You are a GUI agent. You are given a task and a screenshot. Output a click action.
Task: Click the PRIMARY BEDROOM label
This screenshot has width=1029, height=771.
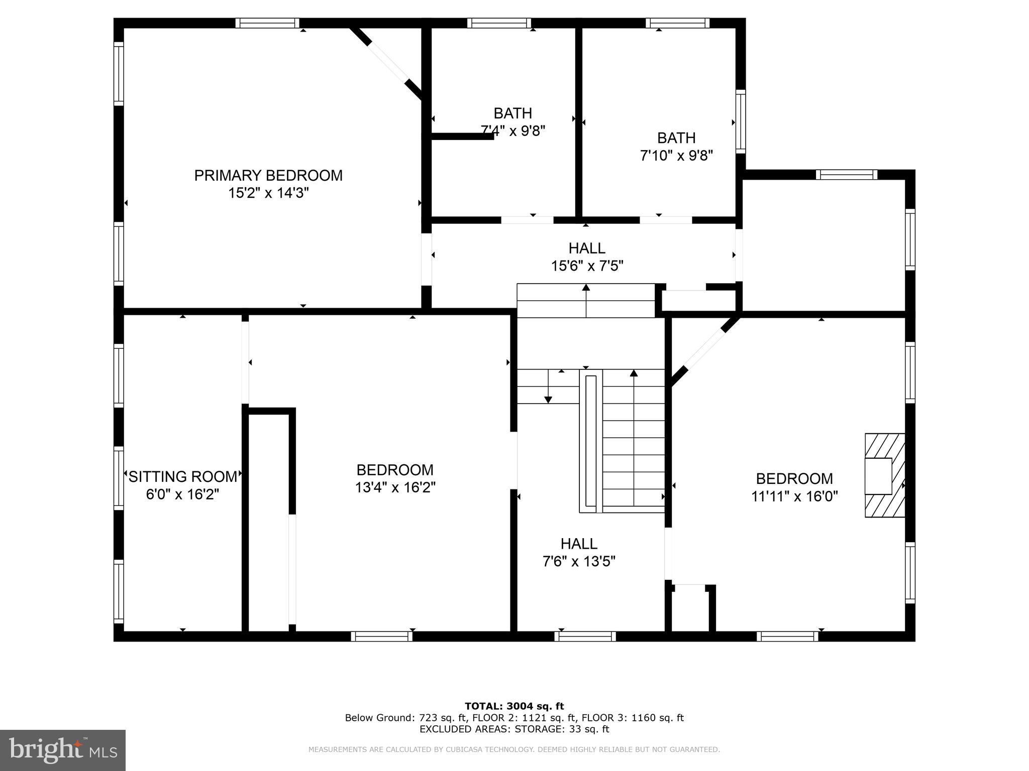(268, 176)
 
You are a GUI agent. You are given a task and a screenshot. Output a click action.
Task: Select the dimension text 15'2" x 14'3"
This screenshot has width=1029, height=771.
(268, 193)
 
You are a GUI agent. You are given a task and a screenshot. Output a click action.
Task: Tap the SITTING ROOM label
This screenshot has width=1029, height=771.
(183, 476)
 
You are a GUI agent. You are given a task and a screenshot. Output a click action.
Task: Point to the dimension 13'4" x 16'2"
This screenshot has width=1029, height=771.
(395, 487)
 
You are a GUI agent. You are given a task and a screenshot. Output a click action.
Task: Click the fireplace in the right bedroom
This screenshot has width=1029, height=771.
(884, 475)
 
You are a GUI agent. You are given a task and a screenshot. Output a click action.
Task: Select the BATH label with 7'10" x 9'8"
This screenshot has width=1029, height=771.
(676, 138)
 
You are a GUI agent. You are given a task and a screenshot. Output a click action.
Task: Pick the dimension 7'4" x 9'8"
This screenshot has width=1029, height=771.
(513, 131)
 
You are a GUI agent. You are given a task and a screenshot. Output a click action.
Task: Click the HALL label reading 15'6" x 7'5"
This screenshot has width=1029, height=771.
(587, 248)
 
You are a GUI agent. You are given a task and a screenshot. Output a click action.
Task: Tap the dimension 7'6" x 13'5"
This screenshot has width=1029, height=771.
(579, 561)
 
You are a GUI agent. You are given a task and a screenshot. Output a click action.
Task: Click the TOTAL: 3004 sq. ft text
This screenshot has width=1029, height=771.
(514, 706)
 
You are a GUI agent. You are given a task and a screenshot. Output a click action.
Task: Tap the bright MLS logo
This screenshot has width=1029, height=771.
(63, 750)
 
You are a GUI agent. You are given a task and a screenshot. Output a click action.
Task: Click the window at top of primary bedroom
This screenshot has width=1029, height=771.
(267, 23)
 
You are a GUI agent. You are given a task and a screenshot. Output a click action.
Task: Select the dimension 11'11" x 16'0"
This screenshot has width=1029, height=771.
(794, 496)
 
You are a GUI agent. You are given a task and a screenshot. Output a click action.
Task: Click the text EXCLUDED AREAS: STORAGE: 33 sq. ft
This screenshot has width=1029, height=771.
(514, 729)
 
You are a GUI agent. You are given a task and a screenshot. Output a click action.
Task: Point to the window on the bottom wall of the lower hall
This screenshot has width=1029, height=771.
(585, 636)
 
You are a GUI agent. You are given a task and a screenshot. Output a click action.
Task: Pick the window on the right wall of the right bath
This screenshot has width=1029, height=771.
(741, 121)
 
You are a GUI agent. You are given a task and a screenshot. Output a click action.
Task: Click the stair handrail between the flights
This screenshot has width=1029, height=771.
(591, 442)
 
